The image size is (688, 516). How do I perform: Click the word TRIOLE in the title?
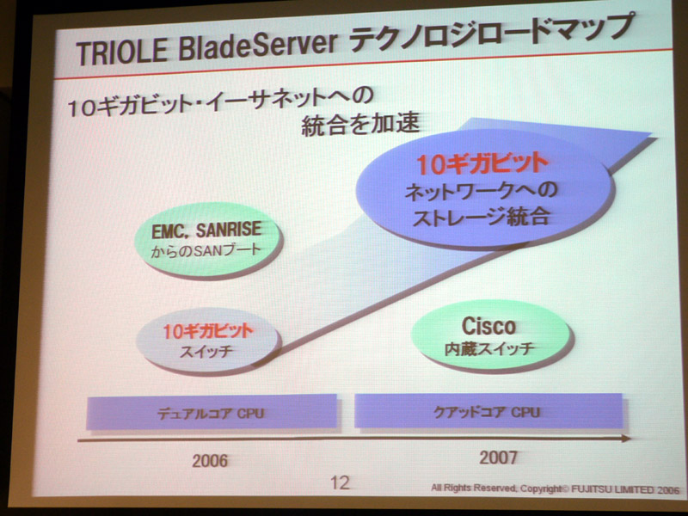point(122,52)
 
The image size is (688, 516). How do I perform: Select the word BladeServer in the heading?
point(257,46)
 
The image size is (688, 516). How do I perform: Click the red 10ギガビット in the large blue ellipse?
point(482,164)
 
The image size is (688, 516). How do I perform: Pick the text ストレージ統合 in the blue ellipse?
point(481,216)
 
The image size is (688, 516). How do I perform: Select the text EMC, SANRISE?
point(206,230)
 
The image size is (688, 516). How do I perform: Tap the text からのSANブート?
point(206,250)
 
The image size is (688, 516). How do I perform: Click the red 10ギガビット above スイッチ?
point(208,331)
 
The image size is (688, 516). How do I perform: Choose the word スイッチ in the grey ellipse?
point(206,351)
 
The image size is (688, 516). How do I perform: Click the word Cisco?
point(488,326)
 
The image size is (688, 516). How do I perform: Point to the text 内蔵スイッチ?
point(489,349)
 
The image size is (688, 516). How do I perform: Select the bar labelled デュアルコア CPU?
point(212,412)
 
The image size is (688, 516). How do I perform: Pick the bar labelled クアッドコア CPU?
point(488,411)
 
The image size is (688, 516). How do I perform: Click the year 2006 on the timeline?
point(210,461)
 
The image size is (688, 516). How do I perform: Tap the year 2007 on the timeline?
point(498,458)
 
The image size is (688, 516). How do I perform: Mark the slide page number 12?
point(340,482)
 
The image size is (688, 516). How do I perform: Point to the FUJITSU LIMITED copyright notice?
point(555,488)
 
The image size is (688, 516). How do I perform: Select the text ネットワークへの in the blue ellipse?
point(481,191)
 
